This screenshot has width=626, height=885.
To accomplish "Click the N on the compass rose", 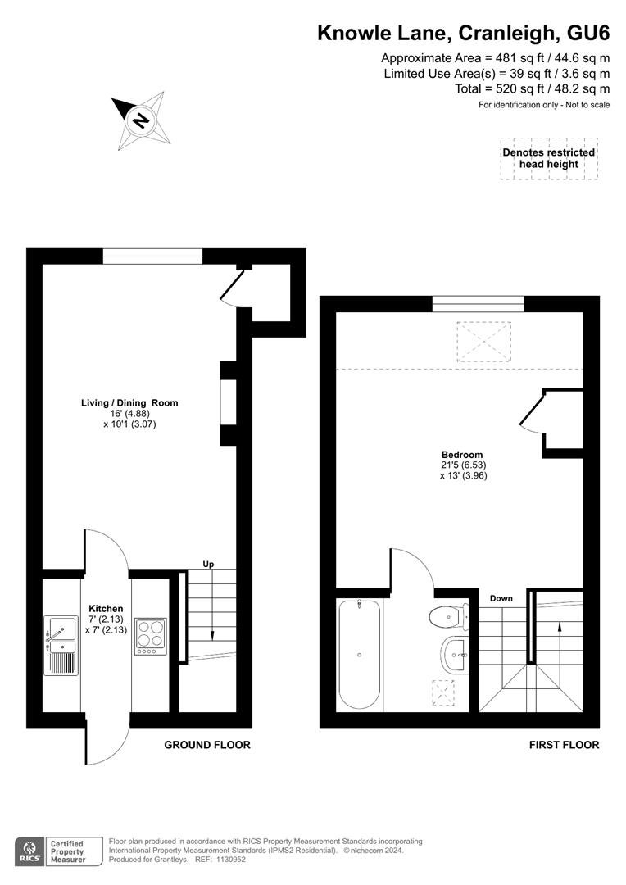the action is (141, 120).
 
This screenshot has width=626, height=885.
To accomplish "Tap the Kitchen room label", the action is (107, 608).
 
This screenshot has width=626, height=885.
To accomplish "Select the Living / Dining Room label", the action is (129, 403).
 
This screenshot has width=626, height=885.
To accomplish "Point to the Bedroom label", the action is (462, 455).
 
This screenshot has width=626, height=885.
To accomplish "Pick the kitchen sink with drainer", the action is (61, 645).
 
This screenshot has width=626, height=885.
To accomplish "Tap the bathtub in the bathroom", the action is (360, 655).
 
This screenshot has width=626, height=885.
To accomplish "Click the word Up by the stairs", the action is (209, 565).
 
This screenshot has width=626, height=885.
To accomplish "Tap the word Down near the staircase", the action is (501, 598).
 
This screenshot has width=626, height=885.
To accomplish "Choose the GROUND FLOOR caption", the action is (207, 745).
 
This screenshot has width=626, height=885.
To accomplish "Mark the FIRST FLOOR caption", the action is (564, 745).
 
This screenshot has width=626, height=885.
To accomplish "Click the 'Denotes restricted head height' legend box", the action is (549, 159).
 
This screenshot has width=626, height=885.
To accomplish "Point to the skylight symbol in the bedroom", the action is (483, 342).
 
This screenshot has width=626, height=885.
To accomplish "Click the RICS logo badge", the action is (30, 851).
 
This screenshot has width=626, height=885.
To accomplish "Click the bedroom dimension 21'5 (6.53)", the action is (464, 465).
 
